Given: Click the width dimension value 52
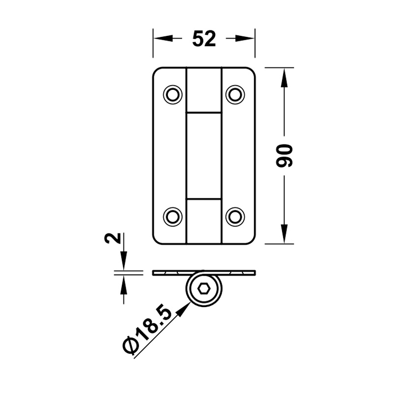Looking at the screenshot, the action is point(204,39).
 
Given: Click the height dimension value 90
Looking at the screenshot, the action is point(284,156).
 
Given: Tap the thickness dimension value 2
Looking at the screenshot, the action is point(112,238).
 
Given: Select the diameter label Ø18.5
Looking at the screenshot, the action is point(148,331).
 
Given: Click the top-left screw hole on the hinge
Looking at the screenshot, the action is point(173,95).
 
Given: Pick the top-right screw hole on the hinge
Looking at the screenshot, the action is point(235,95).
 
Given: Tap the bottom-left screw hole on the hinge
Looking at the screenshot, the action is point(173,217).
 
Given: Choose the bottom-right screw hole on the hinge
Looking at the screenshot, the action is point(235,217).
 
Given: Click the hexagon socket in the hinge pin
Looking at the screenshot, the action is point(204,289).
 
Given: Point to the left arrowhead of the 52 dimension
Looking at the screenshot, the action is point(163,38).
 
